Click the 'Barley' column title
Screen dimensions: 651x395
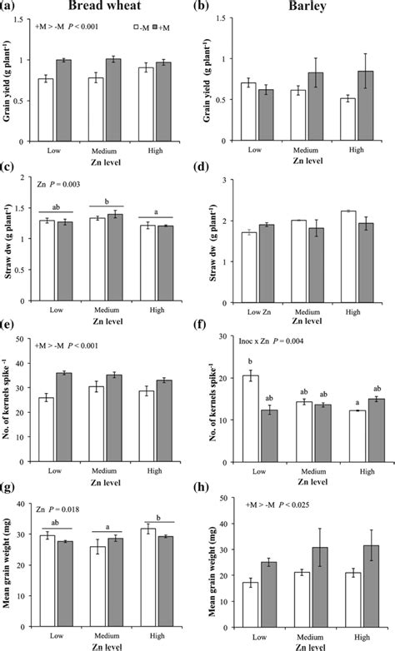click(x=304, y=7)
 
